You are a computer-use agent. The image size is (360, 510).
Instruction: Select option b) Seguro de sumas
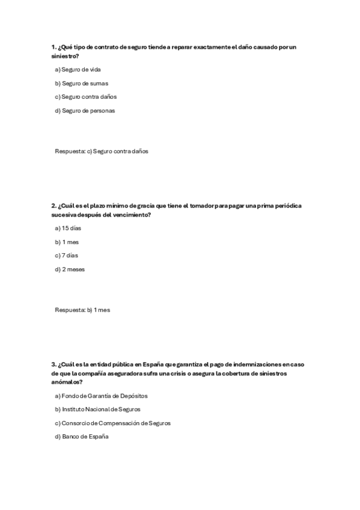81,84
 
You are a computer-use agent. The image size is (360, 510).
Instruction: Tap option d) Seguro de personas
84,111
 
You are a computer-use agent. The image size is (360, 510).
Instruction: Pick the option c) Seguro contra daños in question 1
85,97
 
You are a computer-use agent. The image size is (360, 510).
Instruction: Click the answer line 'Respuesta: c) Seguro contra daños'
101,152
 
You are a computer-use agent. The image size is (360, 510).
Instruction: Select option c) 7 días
67,256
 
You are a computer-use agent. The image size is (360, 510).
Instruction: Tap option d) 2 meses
70,269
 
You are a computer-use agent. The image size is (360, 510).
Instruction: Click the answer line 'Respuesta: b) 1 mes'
82,310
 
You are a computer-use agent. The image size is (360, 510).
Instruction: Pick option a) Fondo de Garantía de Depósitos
101,396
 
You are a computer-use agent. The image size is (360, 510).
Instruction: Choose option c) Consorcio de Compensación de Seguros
112,423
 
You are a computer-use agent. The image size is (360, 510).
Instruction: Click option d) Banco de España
81,437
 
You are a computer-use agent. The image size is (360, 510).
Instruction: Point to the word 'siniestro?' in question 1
65,55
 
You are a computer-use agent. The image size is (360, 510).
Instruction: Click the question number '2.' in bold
53,206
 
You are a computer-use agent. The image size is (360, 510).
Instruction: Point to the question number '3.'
53,364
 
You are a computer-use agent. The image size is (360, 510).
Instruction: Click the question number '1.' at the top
53,47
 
